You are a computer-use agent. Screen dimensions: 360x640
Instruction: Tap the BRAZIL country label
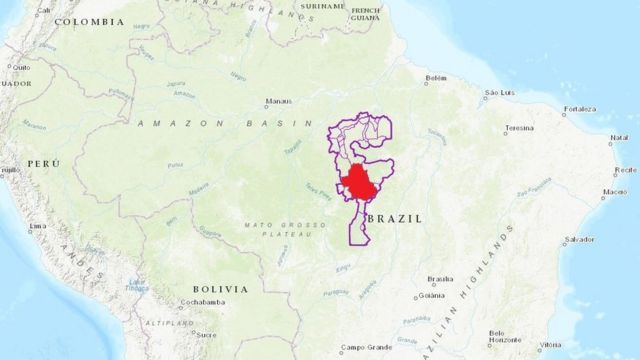click(395, 217)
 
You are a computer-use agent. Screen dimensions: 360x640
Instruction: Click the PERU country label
click(42, 162)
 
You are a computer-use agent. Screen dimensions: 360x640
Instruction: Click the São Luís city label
click(499, 93)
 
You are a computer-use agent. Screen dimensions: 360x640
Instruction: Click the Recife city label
click(626, 170)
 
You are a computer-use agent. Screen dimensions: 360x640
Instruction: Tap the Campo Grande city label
click(364, 348)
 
